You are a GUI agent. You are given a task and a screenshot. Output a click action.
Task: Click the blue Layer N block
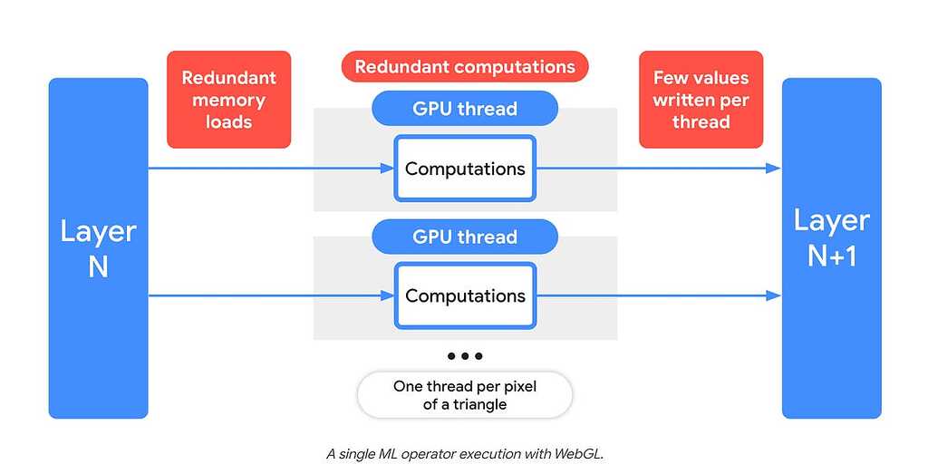coord(98,247)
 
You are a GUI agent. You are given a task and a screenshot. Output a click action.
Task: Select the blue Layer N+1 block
coord(831,247)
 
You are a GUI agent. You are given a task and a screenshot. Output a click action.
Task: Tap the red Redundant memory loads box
coord(228,100)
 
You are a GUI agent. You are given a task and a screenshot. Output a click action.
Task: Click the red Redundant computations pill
coord(464,67)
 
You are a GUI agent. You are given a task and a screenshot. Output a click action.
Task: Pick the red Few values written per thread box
coord(701,100)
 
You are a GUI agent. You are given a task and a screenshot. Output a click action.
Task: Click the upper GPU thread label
coord(464,109)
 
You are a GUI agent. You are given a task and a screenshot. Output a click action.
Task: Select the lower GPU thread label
coord(464,237)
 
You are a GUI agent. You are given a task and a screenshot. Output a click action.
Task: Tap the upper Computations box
coord(464,169)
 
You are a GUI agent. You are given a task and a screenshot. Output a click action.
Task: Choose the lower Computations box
coord(464,295)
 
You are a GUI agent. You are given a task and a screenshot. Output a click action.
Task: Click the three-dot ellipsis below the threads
coord(464,356)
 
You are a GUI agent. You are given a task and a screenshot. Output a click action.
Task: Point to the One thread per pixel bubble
coord(464,395)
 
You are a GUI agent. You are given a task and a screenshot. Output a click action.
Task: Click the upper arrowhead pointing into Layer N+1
coord(773,169)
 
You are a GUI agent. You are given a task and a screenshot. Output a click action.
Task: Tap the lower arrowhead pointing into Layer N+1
coord(773,295)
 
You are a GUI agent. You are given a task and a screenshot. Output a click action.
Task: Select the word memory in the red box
coord(228,100)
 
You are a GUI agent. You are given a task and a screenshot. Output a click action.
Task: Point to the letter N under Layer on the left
coord(98,267)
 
